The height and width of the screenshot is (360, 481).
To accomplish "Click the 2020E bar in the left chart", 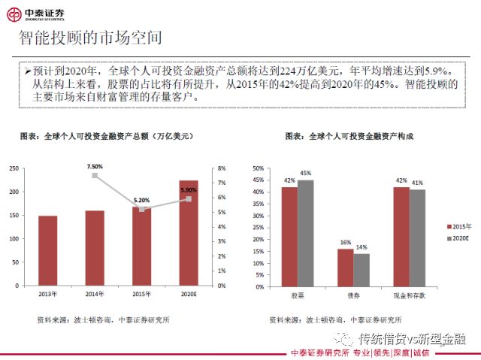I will [189, 233].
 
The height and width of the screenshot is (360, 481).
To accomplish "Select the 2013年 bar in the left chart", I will [47, 250].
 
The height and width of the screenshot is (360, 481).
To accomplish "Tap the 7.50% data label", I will [95, 165].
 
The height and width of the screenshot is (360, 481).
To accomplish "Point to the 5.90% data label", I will [188, 190].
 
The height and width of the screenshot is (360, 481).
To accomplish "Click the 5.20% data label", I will [141, 201].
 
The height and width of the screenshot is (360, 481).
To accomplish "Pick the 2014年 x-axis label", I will [95, 295].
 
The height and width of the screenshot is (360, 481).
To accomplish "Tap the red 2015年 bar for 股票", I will [289, 236].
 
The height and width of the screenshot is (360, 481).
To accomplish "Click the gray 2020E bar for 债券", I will [362, 269].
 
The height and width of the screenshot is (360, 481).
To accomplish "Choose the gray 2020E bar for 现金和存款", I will [417, 237].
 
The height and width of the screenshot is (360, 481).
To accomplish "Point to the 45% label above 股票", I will [306, 174].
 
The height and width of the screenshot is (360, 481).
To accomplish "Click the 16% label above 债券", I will [345, 242].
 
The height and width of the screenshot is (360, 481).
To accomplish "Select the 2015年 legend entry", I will [457, 226].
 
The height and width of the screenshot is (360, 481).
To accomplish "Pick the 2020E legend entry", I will [457, 238].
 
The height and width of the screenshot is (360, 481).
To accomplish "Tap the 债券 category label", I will [353, 295].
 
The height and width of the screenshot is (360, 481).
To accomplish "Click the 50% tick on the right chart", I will [258, 168].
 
